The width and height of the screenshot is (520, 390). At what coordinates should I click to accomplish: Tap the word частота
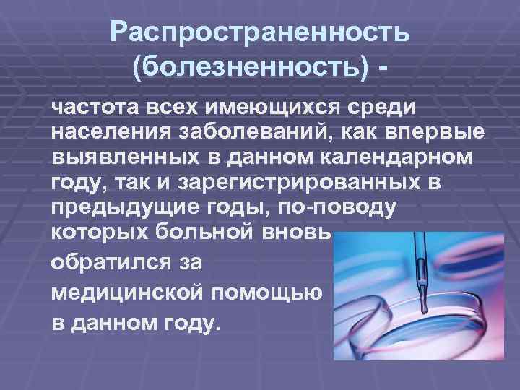click(x=95, y=109)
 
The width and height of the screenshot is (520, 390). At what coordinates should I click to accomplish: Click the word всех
click(x=171, y=109)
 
